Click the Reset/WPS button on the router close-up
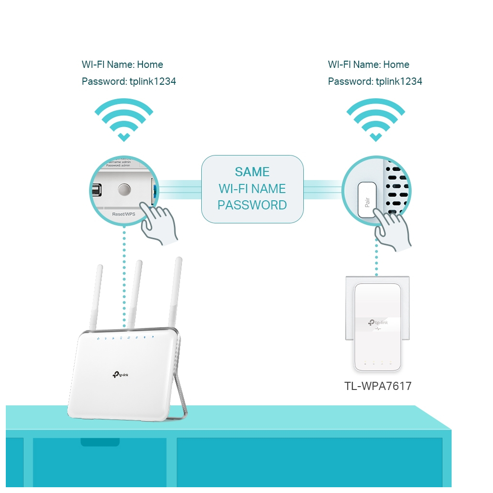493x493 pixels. (124, 190)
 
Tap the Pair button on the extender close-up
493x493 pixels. (369, 199)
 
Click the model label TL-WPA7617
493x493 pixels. (378, 386)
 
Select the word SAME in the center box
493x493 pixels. (252, 172)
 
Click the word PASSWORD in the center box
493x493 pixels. (252, 205)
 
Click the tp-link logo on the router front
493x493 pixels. (120, 375)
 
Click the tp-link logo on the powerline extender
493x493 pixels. (377, 323)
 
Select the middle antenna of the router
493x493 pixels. (134, 294)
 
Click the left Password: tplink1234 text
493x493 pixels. (129, 81)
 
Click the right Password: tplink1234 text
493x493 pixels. (375, 81)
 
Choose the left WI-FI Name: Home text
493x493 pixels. (122, 65)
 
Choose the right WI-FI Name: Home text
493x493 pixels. (368, 65)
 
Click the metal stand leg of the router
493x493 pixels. (180, 380)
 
